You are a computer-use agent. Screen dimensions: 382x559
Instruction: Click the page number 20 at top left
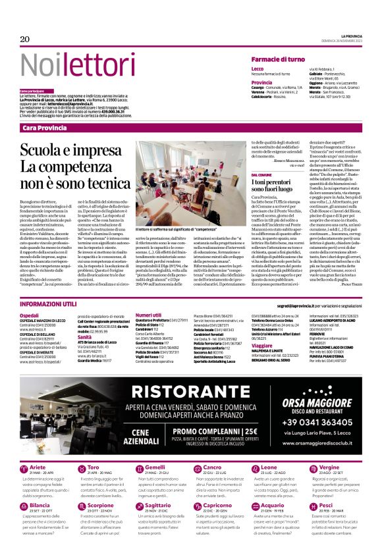tap(25, 40)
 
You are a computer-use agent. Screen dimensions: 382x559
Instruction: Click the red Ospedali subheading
tap(29, 315)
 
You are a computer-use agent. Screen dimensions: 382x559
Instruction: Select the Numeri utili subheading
tap(148, 315)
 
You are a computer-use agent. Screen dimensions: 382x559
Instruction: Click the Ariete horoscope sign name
tap(39, 467)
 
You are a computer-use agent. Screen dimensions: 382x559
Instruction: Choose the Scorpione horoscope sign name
tap(101, 505)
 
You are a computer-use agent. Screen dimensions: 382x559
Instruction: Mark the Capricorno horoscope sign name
tap(217, 505)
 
